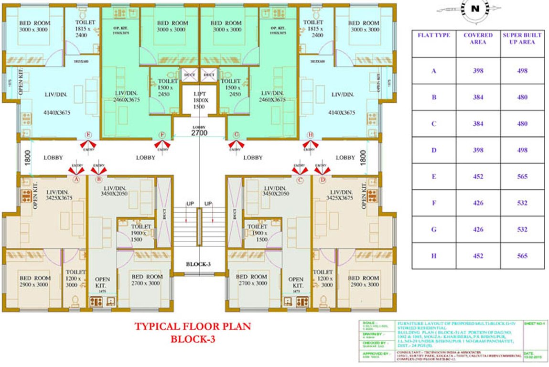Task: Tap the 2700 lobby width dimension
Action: tap(199, 133)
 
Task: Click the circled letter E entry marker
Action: tap(87, 135)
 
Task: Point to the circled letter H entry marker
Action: tap(311, 135)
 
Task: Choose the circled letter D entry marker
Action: tap(323, 180)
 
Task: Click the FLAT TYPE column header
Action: tap(434, 35)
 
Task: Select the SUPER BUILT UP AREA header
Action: tap(522, 39)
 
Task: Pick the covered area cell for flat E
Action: tap(478, 176)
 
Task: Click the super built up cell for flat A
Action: tap(522, 71)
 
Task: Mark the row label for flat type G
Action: tap(434, 229)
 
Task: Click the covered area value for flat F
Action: tap(478, 203)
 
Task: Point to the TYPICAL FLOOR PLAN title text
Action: tap(192, 327)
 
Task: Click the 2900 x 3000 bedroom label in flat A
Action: tap(34, 281)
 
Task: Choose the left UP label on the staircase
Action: tap(190, 204)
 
